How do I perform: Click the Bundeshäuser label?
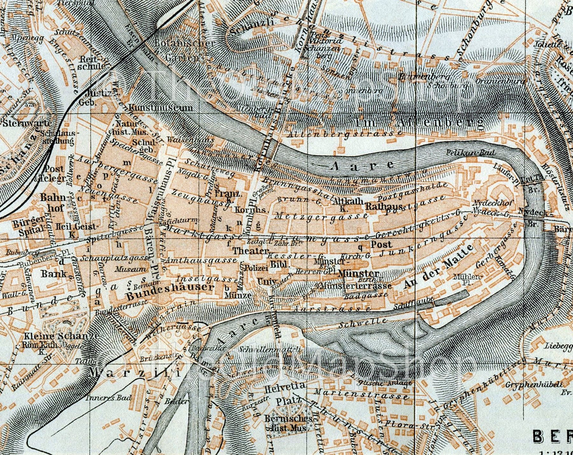click(170, 287)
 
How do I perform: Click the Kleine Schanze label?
click(61, 336)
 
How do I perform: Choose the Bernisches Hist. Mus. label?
click(287, 423)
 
